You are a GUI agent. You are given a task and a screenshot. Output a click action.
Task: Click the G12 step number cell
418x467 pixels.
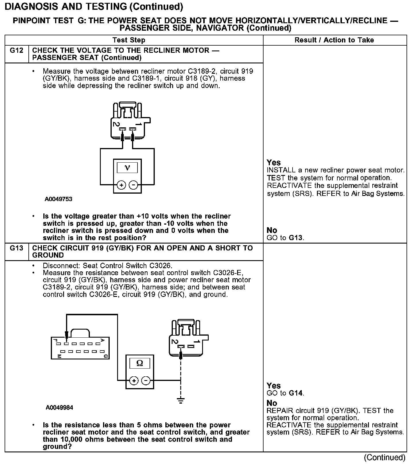coord(16,51)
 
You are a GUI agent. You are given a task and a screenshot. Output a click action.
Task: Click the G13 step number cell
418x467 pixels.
coord(16,248)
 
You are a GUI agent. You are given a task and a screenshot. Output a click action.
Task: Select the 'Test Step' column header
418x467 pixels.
coord(129,40)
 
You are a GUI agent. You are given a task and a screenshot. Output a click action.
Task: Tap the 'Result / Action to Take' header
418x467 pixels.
coord(334,40)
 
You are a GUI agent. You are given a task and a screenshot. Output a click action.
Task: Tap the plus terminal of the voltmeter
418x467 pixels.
coord(121,185)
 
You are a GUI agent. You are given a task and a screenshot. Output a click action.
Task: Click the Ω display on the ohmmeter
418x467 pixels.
coord(140,363)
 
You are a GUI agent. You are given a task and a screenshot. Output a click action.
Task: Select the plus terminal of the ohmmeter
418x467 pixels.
coord(134,381)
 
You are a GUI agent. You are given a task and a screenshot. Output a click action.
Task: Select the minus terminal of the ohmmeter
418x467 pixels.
coord(146,381)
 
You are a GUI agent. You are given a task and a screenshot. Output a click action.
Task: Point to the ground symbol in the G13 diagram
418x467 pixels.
coord(181,400)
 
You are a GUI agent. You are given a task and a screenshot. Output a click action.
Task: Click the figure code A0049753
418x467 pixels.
coord(58,199)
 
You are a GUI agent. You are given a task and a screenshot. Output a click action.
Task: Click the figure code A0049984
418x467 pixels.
coord(59,408)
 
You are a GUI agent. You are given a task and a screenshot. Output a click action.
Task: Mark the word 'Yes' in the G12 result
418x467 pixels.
coord(274,163)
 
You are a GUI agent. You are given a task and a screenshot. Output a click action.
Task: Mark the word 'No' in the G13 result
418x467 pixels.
coord(272,403)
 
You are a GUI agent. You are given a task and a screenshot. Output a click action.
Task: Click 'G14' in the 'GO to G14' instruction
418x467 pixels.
coord(296,393)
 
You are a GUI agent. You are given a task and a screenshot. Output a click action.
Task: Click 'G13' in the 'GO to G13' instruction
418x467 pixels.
coord(296,238)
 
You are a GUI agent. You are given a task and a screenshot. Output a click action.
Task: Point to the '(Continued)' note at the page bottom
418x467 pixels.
coord(384,457)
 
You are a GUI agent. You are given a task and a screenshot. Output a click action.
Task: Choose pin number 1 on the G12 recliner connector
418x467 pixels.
coord(138,124)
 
